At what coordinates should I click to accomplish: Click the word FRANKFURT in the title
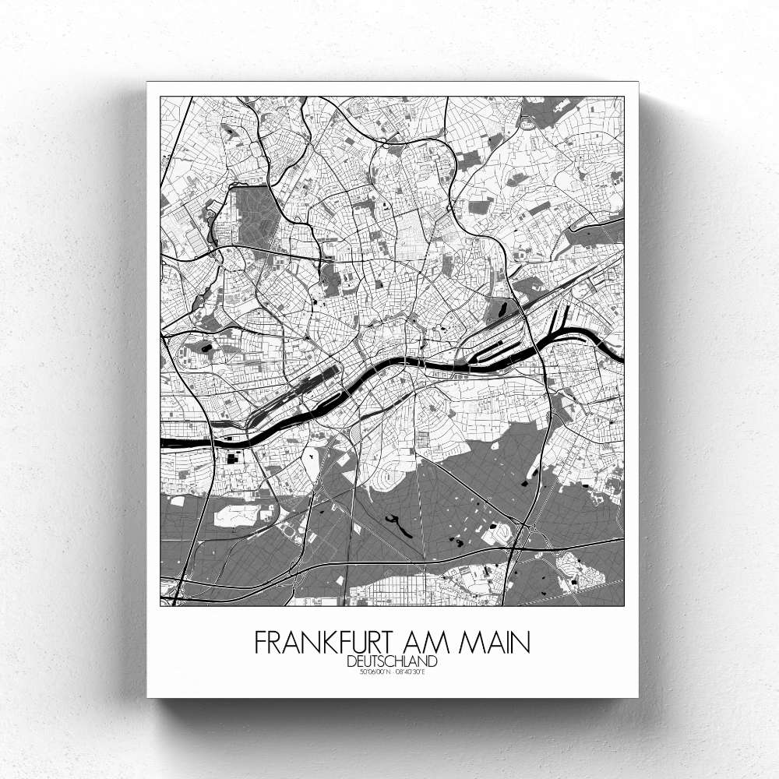click(x=327, y=643)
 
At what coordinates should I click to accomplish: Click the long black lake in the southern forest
click(x=400, y=527)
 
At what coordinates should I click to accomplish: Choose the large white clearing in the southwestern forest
click(x=234, y=515)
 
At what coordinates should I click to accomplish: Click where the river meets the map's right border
click(x=622, y=358)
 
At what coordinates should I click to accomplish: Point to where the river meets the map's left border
click(x=162, y=442)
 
